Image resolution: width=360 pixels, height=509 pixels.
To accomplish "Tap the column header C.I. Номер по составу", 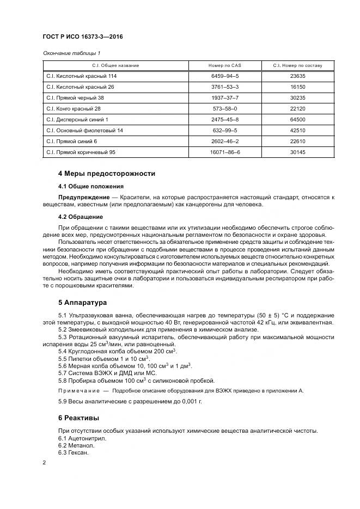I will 298,65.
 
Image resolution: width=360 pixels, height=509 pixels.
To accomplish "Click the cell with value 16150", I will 298,87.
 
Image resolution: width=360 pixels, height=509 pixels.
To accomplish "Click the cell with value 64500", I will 298,119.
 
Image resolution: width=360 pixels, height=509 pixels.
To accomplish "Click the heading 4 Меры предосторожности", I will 107,174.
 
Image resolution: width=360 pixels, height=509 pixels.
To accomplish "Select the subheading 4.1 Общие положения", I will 90,186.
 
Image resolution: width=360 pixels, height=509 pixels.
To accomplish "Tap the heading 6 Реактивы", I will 79,418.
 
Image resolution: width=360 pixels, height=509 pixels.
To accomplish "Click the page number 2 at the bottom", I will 44,463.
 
